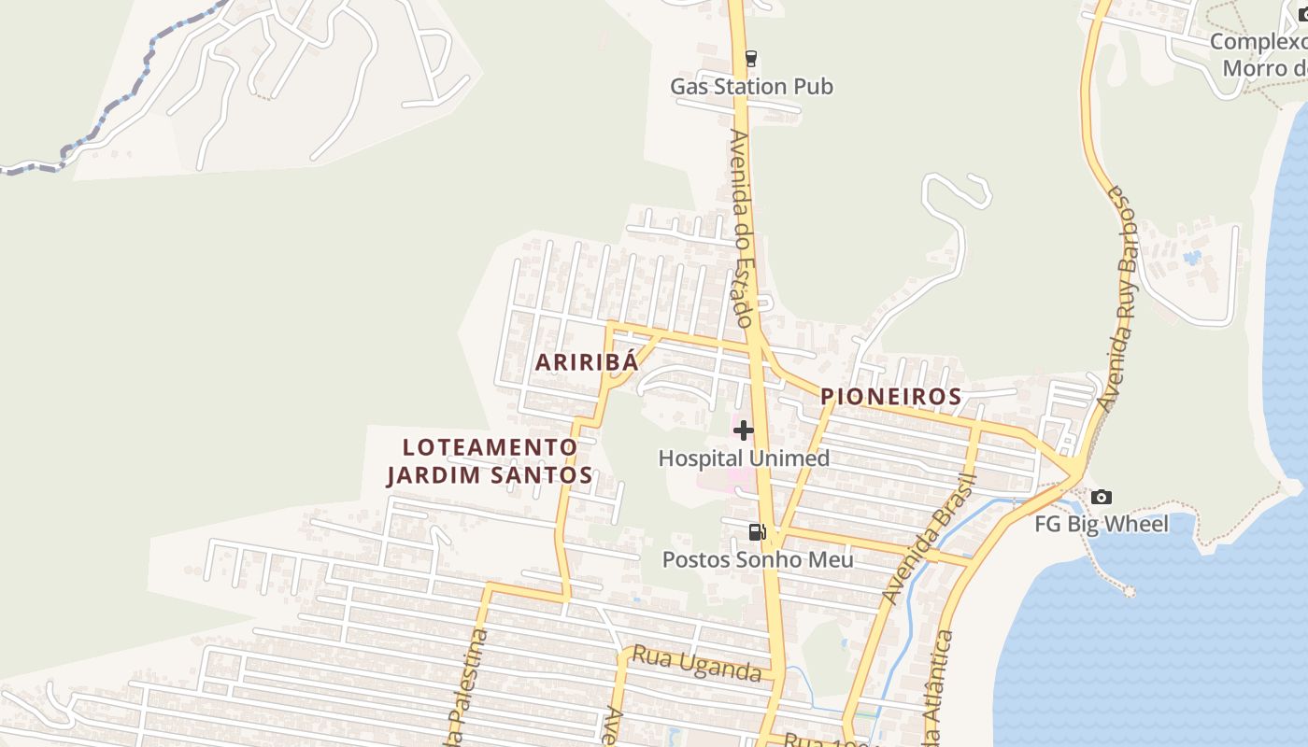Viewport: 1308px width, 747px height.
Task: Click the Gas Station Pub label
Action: pyautogui.click(x=751, y=87)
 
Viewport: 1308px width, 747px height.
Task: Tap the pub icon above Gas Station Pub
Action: pyautogui.click(x=750, y=59)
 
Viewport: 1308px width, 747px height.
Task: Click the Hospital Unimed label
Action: pyautogui.click(x=744, y=458)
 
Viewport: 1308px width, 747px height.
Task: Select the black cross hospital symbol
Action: pyautogui.click(x=744, y=430)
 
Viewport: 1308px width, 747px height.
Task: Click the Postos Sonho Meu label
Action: pyautogui.click(x=758, y=559)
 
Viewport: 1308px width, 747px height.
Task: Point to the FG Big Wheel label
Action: pyautogui.click(x=1101, y=524)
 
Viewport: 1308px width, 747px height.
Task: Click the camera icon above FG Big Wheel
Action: pyautogui.click(x=1102, y=497)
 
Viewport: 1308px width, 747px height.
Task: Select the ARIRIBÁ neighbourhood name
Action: pyautogui.click(x=587, y=362)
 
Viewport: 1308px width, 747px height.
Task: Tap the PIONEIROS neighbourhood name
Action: pyautogui.click(x=890, y=397)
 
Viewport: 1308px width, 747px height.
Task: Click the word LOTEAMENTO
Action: pyautogui.click(x=490, y=447)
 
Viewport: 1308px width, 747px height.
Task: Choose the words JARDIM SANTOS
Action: pyautogui.click(x=490, y=475)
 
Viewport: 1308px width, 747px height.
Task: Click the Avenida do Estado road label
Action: pyautogui.click(x=742, y=229)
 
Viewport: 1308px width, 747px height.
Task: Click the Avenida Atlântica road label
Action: pyautogui.click(x=937, y=691)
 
